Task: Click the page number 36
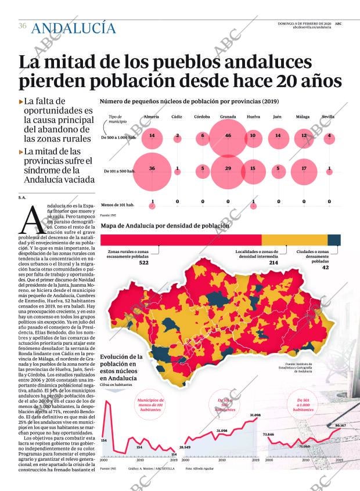(x=22, y=26)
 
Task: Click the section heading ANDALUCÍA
(x=74, y=27)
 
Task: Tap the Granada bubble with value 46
(x=228, y=136)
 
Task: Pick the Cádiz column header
(x=177, y=117)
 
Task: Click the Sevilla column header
(x=328, y=117)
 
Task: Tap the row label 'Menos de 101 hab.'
(x=118, y=205)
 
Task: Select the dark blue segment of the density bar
(x=334, y=240)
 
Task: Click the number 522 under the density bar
(x=144, y=263)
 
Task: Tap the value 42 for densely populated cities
(x=325, y=268)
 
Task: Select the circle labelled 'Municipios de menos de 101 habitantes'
(x=150, y=405)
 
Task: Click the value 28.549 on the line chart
(x=185, y=447)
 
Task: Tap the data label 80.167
(x=341, y=425)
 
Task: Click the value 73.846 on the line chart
(x=268, y=434)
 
